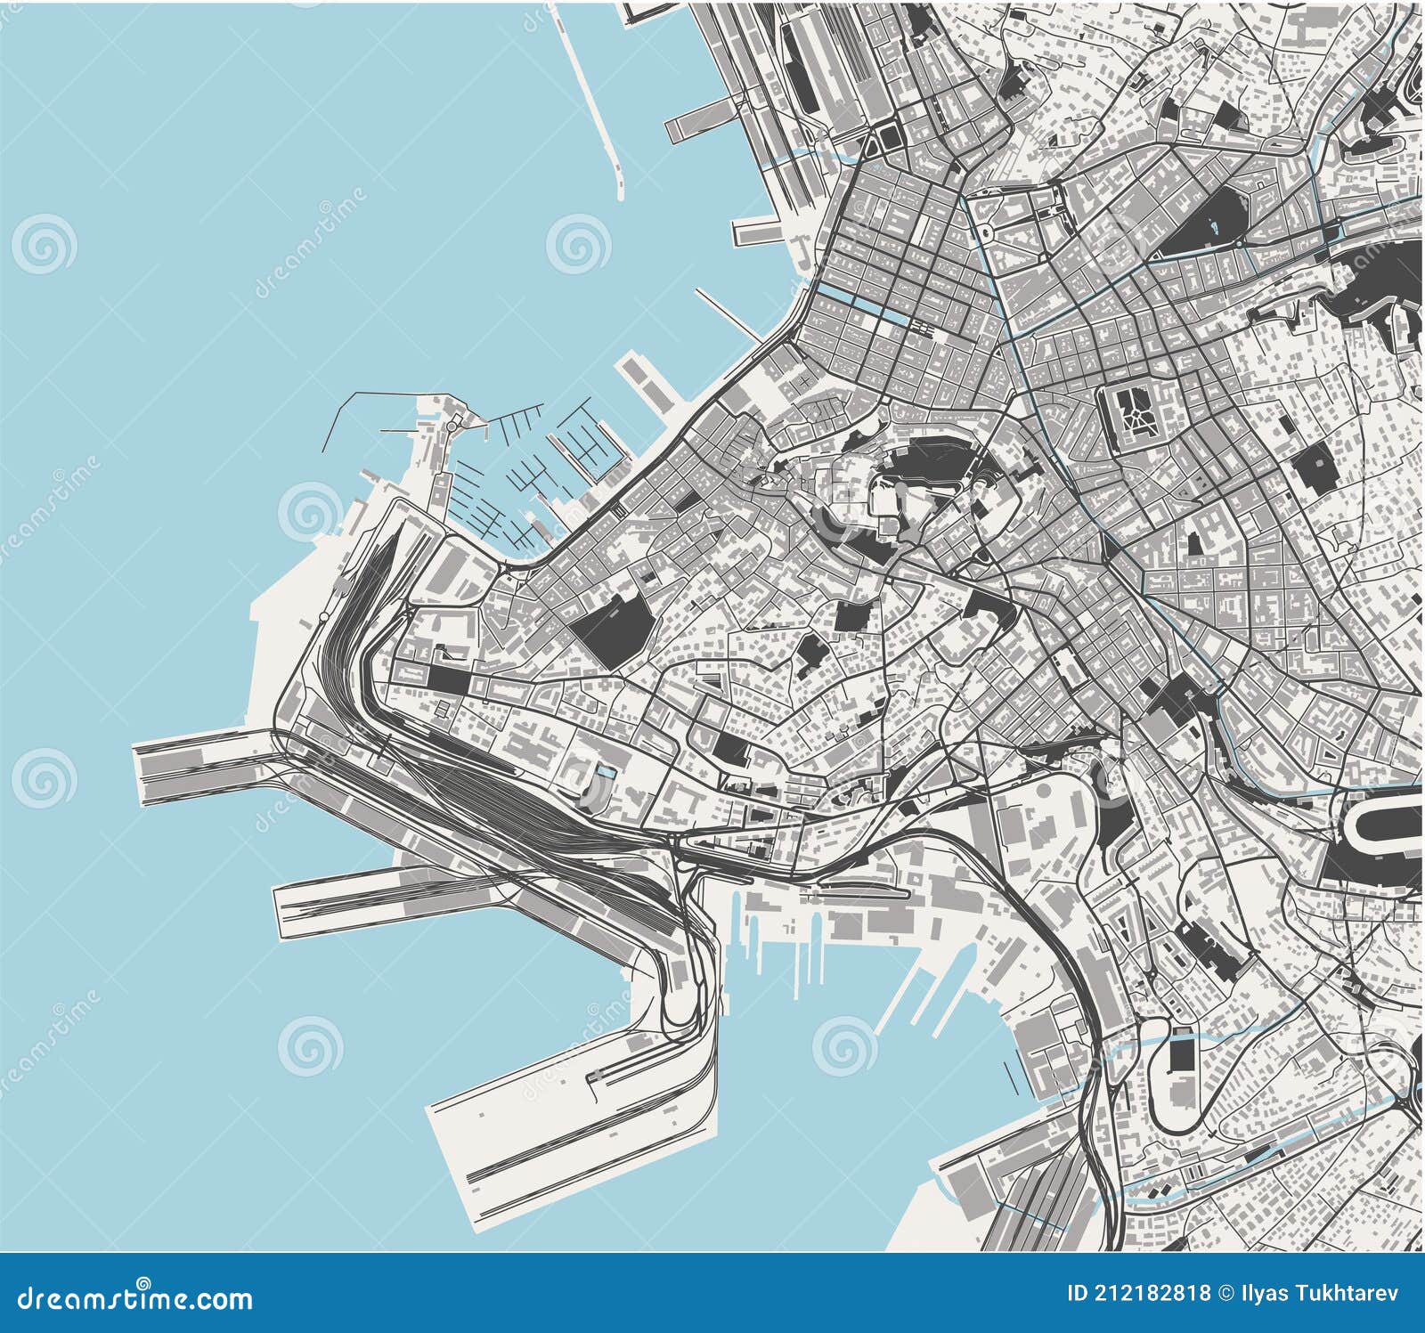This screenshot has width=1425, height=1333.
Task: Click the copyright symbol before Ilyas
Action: tap(1227, 1292)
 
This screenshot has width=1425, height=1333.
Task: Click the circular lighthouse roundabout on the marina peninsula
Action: tap(452, 427)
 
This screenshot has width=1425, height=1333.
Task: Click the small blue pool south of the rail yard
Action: tap(606, 772)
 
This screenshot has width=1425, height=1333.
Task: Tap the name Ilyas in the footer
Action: tap(1266, 1292)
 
